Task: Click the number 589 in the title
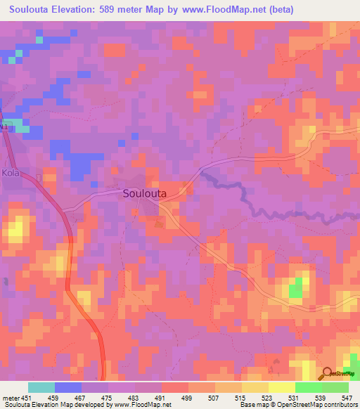(x=119, y=10)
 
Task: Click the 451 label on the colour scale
(x=27, y=398)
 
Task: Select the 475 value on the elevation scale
(x=108, y=398)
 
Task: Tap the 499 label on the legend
(x=188, y=398)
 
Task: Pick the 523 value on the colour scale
(x=268, y=398)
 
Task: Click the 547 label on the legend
(x=348, y=398)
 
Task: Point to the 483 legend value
(x=135, y=398)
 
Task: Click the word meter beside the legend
(x=10, y=398)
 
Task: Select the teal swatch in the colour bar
(x=41, y=387)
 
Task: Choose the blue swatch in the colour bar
(x=67, y=387)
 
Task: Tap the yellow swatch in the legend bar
(x=281, y=387)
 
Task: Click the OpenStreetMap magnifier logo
(x=327, y=374)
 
